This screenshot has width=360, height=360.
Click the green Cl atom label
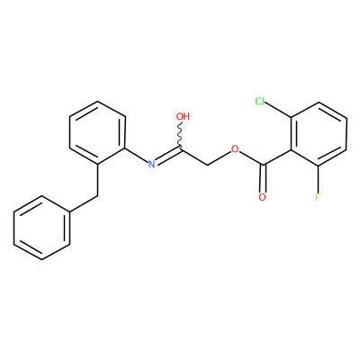click(x=260, y=102)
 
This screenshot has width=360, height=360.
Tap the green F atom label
click(x=318, y=197)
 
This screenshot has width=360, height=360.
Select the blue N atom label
click(x=152, y=164)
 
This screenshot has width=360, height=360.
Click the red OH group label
click(x=184, y=116)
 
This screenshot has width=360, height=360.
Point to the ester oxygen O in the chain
click(x=235, y=148)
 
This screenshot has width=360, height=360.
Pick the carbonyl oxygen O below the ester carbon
click(x=262, y=197)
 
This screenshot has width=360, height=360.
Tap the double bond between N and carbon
click(x=169, y=154)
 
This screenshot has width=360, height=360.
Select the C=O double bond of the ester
click(x=263, y=178)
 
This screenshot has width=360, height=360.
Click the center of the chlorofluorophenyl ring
click(x=319, y=135)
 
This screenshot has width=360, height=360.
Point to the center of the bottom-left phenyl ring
click(x=41, y=228)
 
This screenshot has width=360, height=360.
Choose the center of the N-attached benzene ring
click(x=97, y=132)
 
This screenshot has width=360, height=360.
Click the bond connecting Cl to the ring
click(x=278, y=110)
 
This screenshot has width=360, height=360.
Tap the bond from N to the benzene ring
click(x=137, y=155)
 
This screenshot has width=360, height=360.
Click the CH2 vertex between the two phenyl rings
click(x=97, y=196)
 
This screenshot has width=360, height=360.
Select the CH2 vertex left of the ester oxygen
click(x=208, y=165)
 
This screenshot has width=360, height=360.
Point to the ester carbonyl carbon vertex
click(x=263, y=165)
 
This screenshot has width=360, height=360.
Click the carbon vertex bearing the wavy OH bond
click(x=181, y=148)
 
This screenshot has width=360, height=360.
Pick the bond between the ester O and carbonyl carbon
click(x=251, y=157)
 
